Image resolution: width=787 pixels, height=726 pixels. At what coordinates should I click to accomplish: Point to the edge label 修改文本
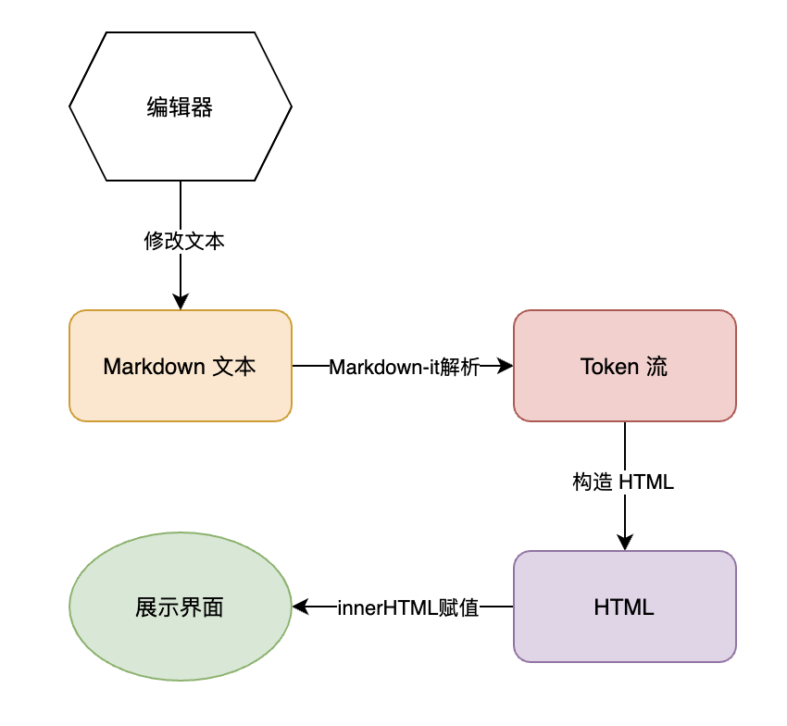pyautogui.click(x=183, y=242)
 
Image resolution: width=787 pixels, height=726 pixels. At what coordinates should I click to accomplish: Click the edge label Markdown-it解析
pyautogui.click(x=404, y=367)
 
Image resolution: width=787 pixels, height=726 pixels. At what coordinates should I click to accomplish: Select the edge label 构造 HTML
pyautogui.click(x=623, y=482)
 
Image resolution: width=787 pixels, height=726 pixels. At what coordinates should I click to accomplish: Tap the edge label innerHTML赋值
pyautogui.click(x=407, y=608)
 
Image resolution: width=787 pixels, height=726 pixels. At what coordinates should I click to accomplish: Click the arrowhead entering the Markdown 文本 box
pyautogui.click(x=181, y=301)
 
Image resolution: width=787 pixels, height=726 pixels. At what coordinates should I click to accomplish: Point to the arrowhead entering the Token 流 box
pyautogui.click(x=505, y=366)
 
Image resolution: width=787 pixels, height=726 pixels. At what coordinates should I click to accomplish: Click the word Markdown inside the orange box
pyautogui.click(x=154, y=367)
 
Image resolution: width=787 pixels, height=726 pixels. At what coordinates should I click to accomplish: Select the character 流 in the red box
pyautogui.click(x=656, y=367)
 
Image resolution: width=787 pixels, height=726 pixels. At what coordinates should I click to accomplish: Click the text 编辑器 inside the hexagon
pyautogui.click(x=180, y=108)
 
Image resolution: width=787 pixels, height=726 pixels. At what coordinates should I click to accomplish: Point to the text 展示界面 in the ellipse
pyautogui.click(x=180, y=608)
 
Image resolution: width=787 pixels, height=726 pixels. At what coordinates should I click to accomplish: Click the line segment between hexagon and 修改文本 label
pyautogui.click(x=181, y=204)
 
